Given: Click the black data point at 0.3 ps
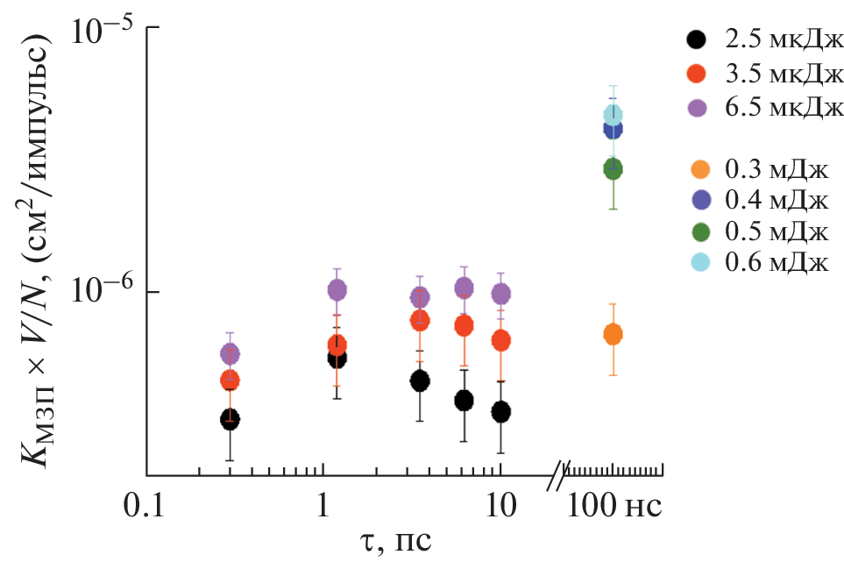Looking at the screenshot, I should [x=230, y=419].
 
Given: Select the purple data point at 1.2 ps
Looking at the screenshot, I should [x=337, y=289].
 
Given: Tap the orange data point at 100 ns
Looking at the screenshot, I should [x=613, y=334].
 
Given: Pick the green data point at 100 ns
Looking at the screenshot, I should [x=613, y=169].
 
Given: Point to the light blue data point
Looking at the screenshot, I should [x=613, y=115].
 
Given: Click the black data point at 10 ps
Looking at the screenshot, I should [x=501, y=411].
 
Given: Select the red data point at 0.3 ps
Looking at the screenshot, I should [x=230, y=381].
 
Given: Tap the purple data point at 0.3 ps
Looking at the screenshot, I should [x=230, y=353].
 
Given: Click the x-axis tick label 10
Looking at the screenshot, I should [x=500, y=506].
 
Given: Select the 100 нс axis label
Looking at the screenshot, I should [x=613, y=506].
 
